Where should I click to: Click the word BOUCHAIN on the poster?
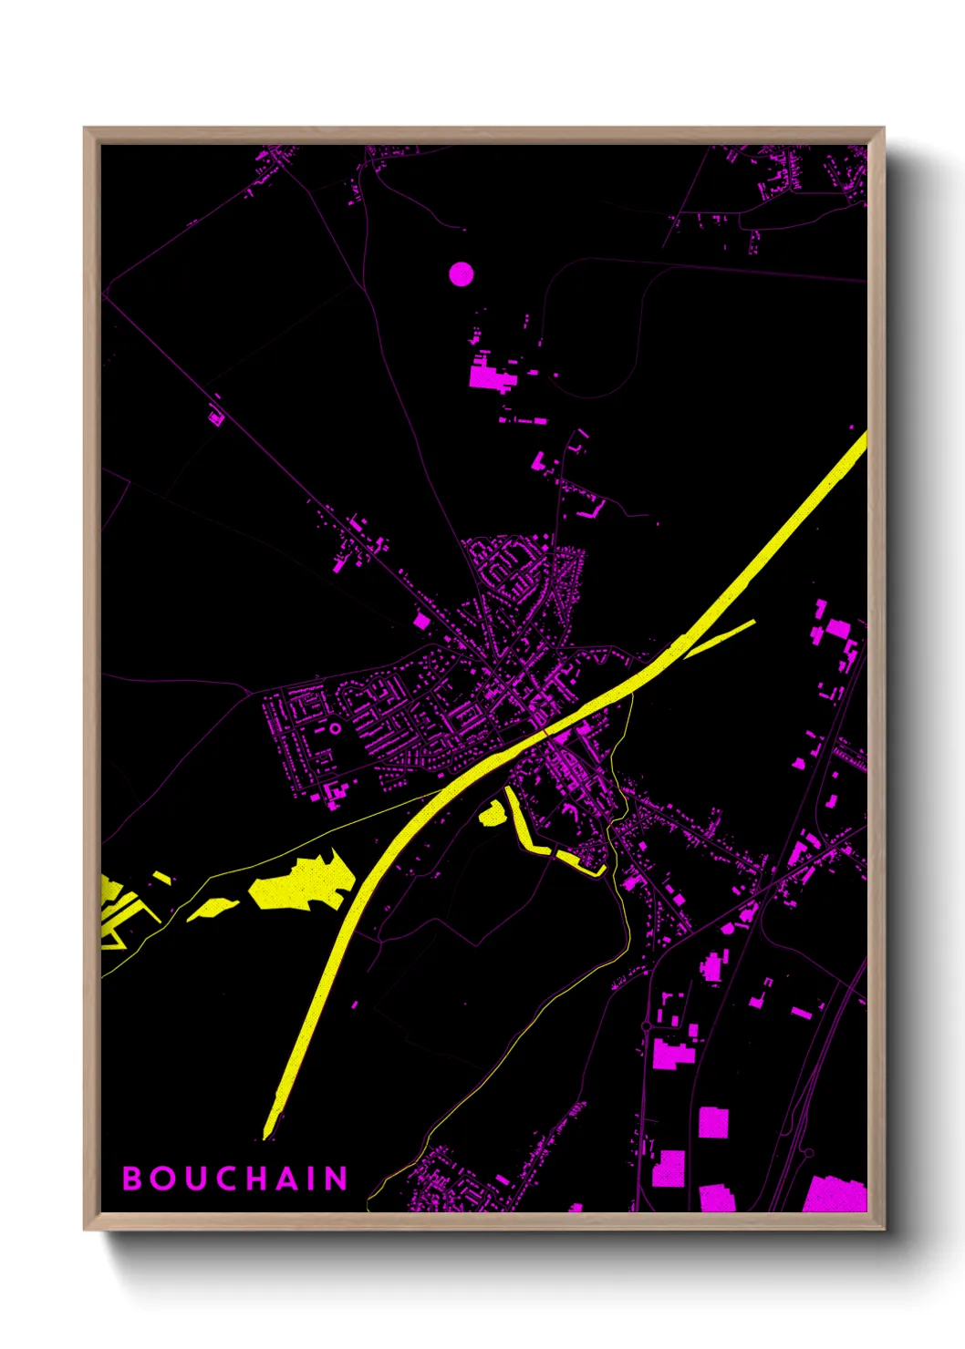tap(235, 1179)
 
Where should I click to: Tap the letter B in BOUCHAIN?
tap(132, 1179)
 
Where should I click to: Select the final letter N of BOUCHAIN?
tap(337, 1179)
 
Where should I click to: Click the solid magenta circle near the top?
tap(462, 273)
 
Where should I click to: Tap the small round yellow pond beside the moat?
tap(493, 813)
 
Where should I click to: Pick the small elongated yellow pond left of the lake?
tap(212, 909)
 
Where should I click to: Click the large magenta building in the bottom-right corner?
tap(835, 1194)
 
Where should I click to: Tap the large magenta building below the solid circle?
tap(488, 376)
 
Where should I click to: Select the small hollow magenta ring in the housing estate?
tap(335, 728)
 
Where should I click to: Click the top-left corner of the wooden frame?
tap(85, 129)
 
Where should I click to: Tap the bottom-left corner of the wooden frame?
tap(85, 1229)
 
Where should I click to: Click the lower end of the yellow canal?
tap(268, 1132)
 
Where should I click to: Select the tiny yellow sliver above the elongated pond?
tap(162, 878)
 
